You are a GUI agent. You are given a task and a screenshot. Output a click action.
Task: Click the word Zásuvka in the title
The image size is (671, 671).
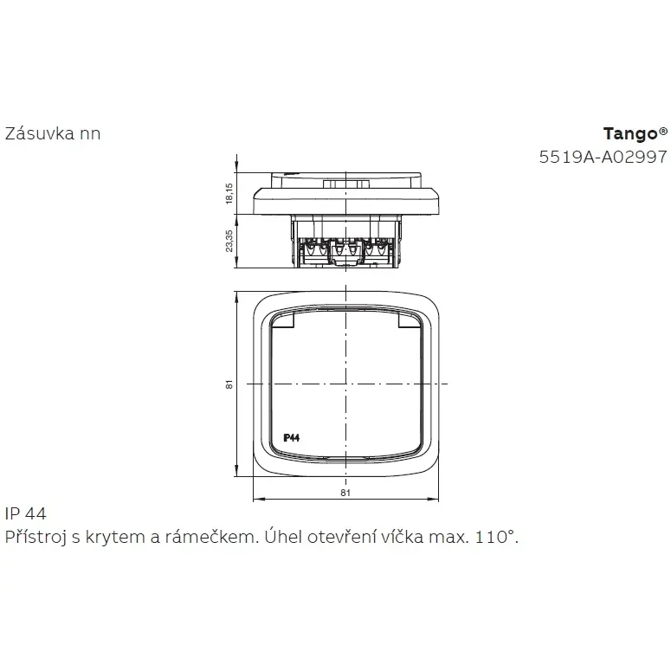tap(34, 133)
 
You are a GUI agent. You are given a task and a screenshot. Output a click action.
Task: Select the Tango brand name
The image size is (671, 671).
tap(630, 134)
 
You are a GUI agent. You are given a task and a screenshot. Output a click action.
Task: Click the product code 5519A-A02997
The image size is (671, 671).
tap(603, 157)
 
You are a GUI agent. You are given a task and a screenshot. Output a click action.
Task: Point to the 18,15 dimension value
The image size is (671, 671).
tap(229, 193)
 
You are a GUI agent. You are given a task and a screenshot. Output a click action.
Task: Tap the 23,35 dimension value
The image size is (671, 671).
tap(229, 241)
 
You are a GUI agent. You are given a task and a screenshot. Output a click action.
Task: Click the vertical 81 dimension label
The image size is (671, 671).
tap(229, 384)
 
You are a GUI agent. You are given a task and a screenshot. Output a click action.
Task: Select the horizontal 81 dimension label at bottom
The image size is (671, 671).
tap(345, 493)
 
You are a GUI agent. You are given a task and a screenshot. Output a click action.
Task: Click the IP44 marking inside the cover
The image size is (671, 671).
tap(292, 437)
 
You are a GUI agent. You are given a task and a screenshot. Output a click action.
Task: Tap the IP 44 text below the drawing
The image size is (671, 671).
tap(26, 513)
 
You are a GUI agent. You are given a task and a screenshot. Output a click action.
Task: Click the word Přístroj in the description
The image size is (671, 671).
tap(35, 537)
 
